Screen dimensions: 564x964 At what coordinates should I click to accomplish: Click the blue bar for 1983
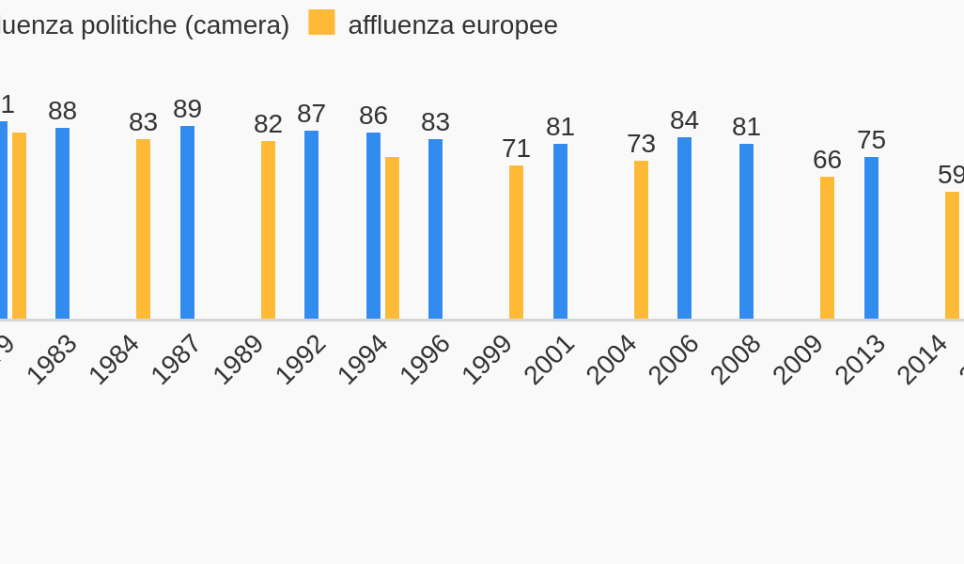[x=62, y=224]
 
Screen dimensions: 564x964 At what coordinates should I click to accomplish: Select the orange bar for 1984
[x=143, y=229]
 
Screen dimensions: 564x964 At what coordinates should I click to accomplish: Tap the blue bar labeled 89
[x=187, y=223]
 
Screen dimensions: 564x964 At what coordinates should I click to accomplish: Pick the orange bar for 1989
[x=268, y=230]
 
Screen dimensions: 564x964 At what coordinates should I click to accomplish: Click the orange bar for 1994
[x=392, y=238]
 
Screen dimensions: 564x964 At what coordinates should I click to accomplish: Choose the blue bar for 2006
[x=684, y=228]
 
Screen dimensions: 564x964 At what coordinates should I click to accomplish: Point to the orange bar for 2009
[x=827, y=248]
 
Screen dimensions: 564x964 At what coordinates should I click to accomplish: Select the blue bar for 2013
[x=871, y=238]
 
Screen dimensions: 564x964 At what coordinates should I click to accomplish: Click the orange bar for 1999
[x=516, y=243]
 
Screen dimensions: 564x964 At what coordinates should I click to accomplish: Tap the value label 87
[x=311, y=114]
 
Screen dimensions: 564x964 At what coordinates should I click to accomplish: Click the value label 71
[x=516, y=149]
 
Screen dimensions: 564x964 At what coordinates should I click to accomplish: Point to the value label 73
[x=641, y=144]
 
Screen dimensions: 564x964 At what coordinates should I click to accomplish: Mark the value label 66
[x=827, y=160]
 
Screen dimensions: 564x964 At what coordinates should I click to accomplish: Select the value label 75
[x=871, y=140]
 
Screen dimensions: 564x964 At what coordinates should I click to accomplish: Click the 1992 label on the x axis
[x=301, y=359]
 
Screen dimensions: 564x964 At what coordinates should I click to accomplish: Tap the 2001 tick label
[x=549, y=359]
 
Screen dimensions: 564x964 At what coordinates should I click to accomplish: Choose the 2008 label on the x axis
[x=735, y=359]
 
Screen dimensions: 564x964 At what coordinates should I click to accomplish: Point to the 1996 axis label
[x=425, y=359]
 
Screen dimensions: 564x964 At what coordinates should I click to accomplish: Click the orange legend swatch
[x=321, y=23]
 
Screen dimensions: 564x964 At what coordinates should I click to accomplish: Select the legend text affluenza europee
[x=453, y=25]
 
